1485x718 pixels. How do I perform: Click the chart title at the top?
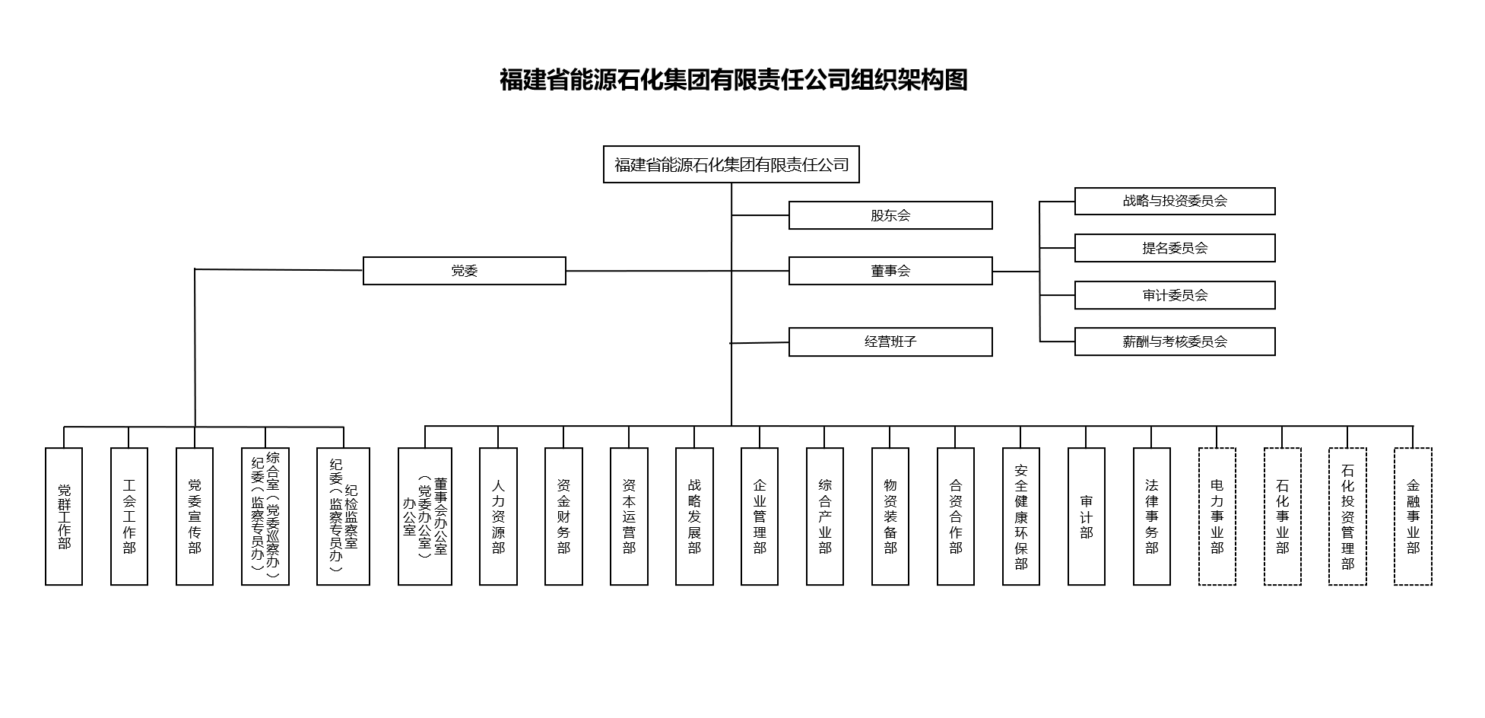click(733, 80)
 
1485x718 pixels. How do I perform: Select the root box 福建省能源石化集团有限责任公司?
click(731, 164)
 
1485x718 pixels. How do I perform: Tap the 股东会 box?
click(890, 215)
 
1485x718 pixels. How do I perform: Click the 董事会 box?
click(890, 271)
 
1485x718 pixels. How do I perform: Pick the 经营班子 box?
click(890, 342)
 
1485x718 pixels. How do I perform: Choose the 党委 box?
click(464, 271)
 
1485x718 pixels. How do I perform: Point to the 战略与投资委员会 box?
click(1174, 202)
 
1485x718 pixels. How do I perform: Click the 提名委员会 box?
click(1174, 248)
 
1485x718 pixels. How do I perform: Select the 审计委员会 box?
click(1174, 295)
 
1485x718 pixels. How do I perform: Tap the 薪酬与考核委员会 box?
click(1174, 342)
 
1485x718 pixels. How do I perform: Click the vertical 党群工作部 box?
click(64, 516)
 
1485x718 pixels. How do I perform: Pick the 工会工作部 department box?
click(129, 516)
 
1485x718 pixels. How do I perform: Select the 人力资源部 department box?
click(498, 516)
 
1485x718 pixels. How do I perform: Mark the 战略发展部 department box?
click(694, 516)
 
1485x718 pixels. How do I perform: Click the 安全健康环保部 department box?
click(1020, 516)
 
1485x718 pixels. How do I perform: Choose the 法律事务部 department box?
click(1151, 516)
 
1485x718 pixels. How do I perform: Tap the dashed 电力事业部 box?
click(1217, 516)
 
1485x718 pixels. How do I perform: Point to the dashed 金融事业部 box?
click(1413, 516)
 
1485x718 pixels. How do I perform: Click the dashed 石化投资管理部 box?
click(1347, 516)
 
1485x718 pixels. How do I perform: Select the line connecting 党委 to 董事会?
click(646, 271)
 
